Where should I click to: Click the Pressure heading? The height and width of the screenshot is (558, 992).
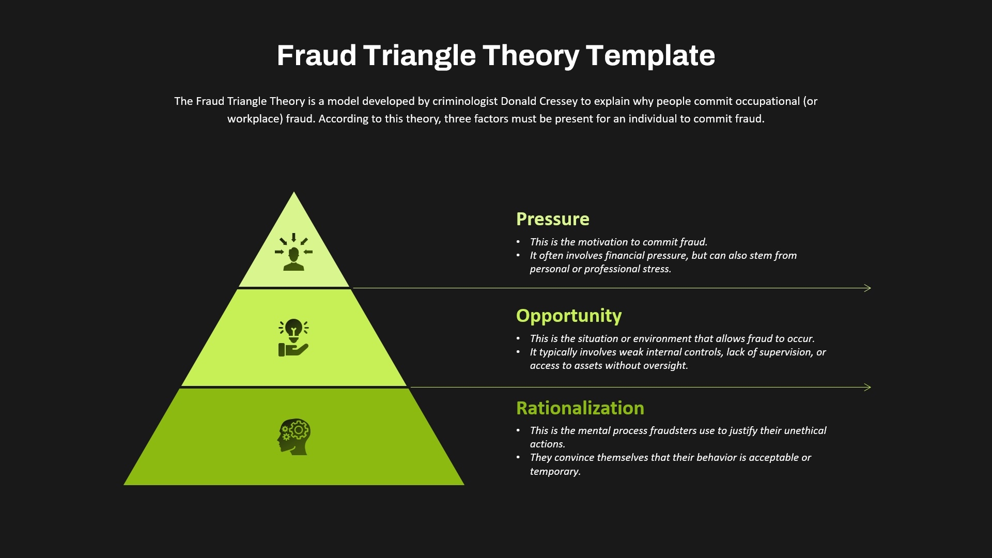[552, 219]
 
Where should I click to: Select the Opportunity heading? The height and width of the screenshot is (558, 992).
[569, 316]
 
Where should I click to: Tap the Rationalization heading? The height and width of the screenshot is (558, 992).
[580, 408]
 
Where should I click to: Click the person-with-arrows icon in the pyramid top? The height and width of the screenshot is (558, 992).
[293, 252]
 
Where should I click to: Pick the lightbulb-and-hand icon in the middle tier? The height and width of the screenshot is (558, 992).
[293, 338]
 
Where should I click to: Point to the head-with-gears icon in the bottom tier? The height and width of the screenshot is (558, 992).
[293, 437]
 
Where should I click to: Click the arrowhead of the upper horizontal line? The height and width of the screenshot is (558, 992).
[867, 288]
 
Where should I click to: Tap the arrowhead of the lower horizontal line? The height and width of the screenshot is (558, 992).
[867, 387]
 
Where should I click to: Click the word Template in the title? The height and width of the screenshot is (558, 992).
[650, 56]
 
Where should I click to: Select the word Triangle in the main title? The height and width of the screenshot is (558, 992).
[420, 56]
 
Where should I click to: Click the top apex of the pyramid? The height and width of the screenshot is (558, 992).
[294, 192]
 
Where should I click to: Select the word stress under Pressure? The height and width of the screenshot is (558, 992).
[657, 269]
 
